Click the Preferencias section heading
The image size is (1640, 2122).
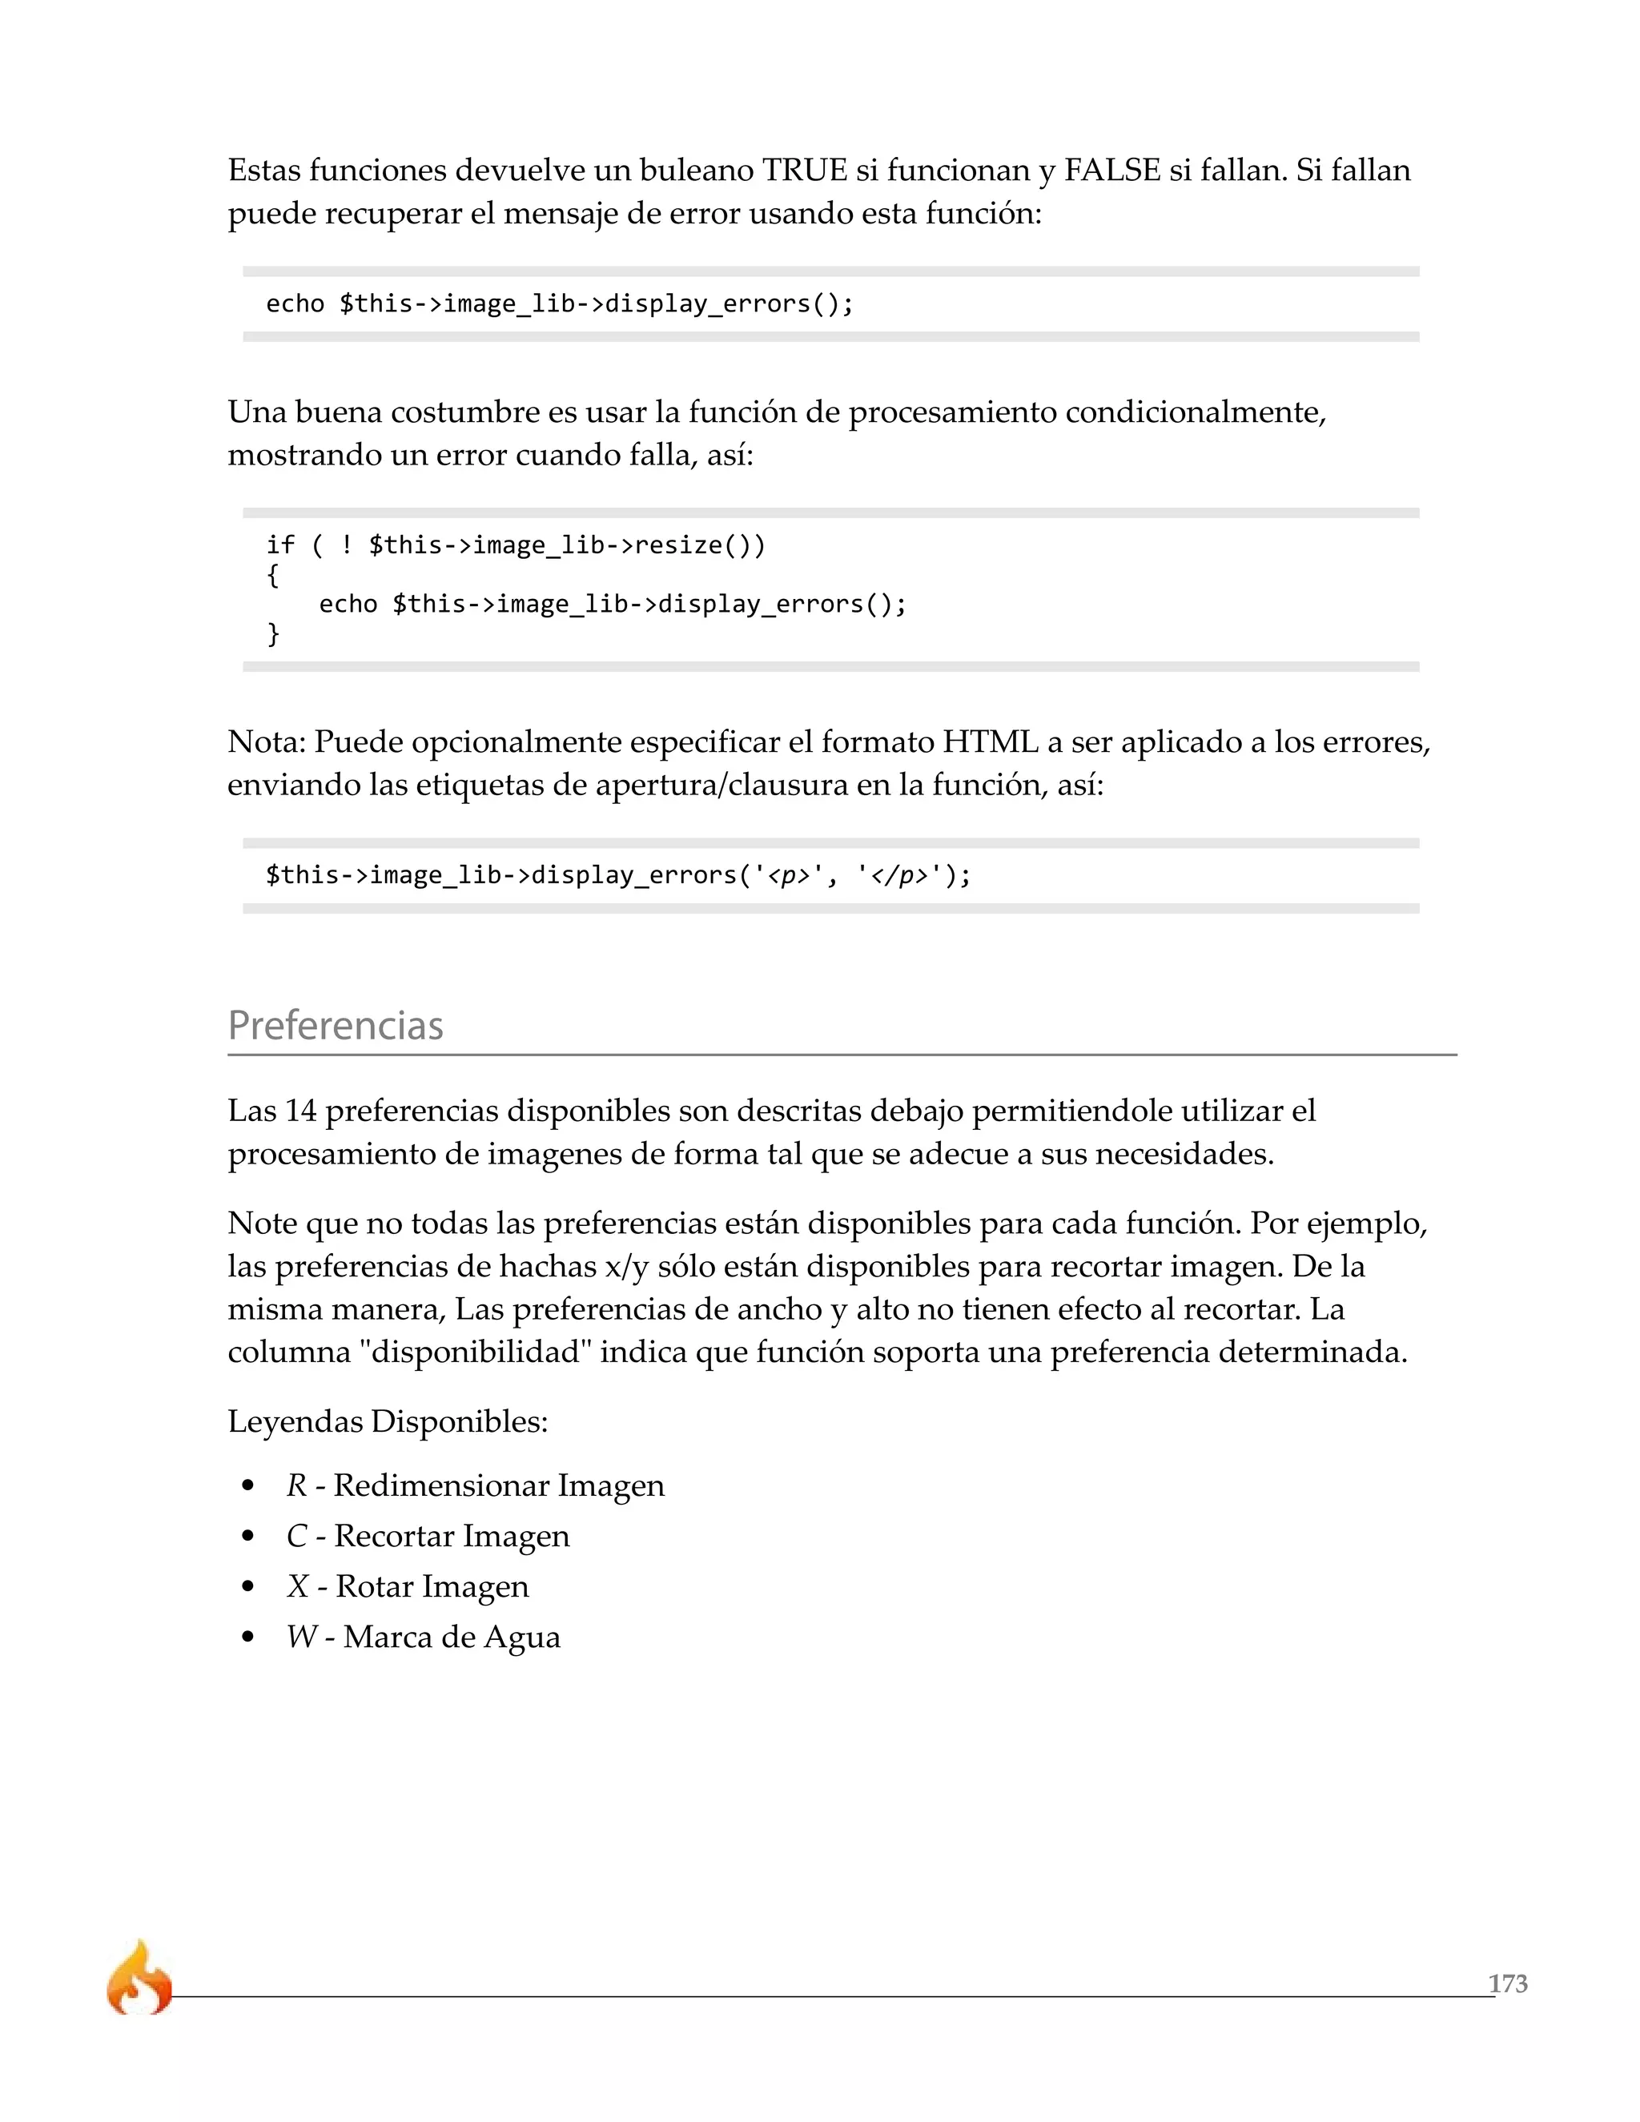pos(336,1026)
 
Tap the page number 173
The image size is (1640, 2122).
pos(1507,1983)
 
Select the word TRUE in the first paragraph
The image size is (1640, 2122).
pos(805,171)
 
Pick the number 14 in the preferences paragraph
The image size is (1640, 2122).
pos(301,1111)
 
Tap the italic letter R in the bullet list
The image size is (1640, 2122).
pos(296,1485)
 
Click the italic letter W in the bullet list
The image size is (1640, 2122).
pos(301,1638)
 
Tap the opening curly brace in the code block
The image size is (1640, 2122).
pos(273,575)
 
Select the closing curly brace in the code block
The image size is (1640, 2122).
pos(273,633)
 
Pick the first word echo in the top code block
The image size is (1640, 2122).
pos(295,304)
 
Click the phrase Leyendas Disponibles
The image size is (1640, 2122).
pos(388,1421)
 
